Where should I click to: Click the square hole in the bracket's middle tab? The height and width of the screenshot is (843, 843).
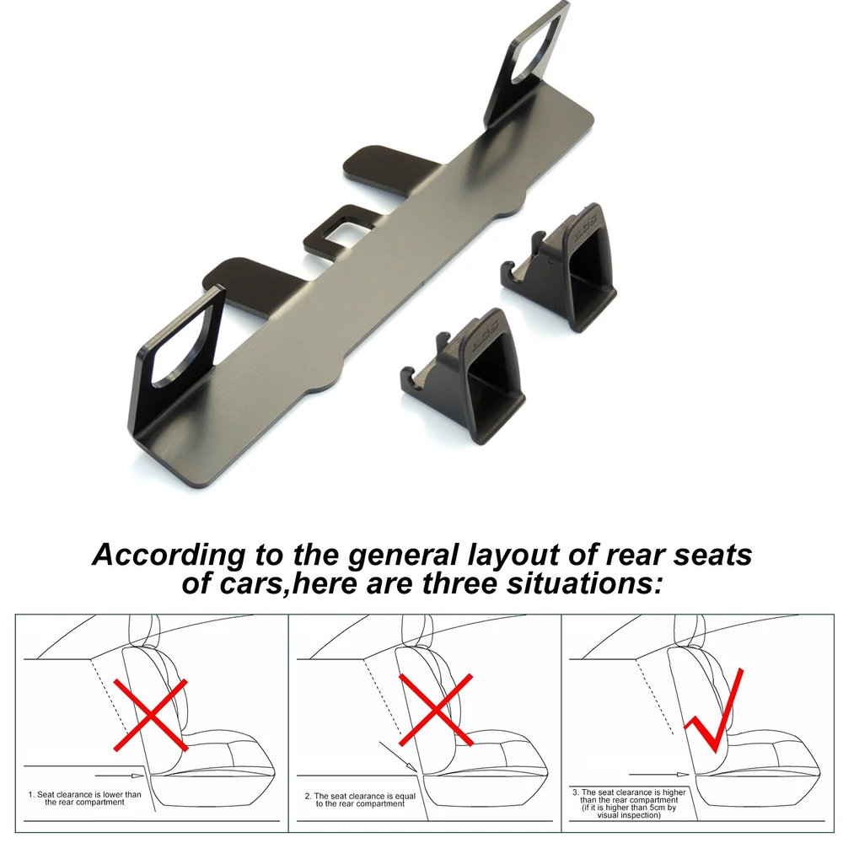[343, 228]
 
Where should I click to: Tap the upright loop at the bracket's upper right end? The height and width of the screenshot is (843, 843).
[529, 65]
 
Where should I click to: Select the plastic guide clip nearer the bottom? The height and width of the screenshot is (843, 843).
[464, 375]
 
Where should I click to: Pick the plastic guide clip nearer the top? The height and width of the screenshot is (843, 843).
[559, 266]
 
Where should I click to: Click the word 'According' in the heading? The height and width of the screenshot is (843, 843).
[169, 555]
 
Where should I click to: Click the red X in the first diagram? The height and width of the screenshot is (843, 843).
[151, 715]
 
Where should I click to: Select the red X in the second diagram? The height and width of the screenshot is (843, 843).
[436, 710]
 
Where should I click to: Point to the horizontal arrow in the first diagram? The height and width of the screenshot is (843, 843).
[120, 776]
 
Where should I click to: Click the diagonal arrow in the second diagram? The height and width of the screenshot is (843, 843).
[399, 757]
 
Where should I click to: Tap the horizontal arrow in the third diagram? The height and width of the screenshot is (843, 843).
[659, 775]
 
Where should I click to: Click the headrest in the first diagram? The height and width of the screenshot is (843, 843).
[145, 631]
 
